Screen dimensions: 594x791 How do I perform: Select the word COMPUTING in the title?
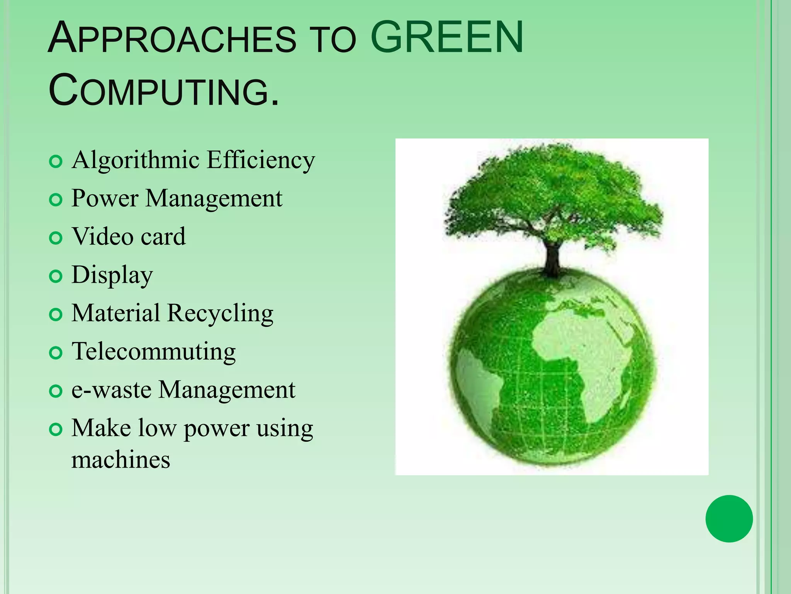click(x=164, y=91)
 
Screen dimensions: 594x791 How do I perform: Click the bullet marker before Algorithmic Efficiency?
click(x=56, y=161)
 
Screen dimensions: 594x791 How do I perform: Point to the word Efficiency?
click(x=261, y=160)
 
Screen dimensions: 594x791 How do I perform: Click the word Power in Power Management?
click(x=105, y=199)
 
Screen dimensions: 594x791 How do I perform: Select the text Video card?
click(x=129, y=236)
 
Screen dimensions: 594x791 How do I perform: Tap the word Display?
click(x=112, y=275)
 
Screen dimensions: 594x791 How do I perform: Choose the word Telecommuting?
click(x=153, y=352)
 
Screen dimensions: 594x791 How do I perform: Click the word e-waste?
click(x=111, y=390)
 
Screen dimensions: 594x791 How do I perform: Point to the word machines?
click(x=121, y=460)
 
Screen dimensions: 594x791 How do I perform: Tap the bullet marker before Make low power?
click(x=56, y=430)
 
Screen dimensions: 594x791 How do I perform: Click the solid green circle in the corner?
click(x=729, y=519)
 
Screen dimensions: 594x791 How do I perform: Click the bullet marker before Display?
click(x=56, y=276)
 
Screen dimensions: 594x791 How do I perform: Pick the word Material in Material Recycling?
click(x=115, y=313)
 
